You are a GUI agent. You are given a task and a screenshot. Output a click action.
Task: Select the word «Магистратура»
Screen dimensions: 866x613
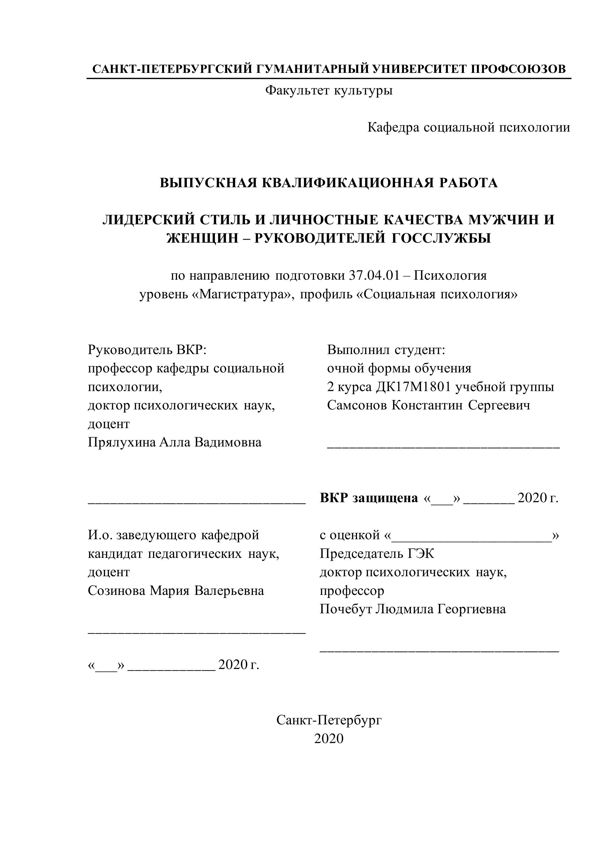[x=244, y=294]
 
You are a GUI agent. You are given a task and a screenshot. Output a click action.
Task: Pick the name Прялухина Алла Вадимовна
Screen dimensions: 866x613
[x=175, y=442]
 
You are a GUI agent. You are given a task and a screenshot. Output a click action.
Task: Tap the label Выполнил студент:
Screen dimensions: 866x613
[x=386, y=350]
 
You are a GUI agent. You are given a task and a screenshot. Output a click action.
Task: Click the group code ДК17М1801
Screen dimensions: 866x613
[x=414, y=387]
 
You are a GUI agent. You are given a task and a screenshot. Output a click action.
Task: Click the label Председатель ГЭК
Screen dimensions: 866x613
[x=377, y=553]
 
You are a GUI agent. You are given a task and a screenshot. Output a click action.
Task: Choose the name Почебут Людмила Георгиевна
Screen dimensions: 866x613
[x=413, y=609]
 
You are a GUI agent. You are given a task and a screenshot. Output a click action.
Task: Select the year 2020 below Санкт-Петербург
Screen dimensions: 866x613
[x=329, y=739]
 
